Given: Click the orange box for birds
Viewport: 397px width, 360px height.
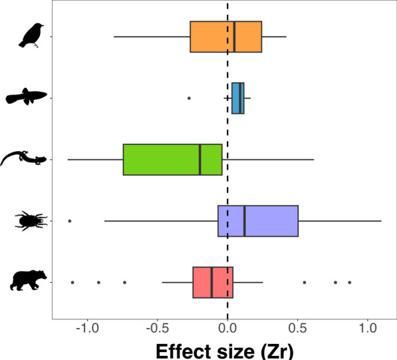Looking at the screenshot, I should (x=225, y=36).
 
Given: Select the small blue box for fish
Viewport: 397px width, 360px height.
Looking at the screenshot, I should (x=237, y=98).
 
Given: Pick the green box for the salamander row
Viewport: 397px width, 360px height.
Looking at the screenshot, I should (x=172, y=160).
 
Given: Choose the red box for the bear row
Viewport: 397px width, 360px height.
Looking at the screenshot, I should (x=213, y=282).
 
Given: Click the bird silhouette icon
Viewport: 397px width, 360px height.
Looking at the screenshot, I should (x=31, y=35).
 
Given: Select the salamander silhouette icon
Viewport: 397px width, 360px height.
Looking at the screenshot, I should (x=23, y=159).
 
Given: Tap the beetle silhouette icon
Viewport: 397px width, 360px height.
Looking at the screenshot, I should (x=29, y=220).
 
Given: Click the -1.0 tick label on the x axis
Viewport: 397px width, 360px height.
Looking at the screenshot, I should (x=86, y=328).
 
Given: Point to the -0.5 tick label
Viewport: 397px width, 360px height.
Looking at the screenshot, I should (x=157, y=328).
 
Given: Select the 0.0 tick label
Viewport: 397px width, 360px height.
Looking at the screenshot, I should (x=227, y=328).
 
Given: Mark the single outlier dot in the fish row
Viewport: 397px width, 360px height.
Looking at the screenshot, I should (x=189, y=98).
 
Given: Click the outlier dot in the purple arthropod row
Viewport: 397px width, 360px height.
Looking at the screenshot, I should (x=70, y=221).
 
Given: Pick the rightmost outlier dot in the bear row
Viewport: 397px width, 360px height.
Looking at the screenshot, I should (x=349, y=282).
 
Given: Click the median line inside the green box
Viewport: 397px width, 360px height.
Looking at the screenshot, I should (x=199, y=160).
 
